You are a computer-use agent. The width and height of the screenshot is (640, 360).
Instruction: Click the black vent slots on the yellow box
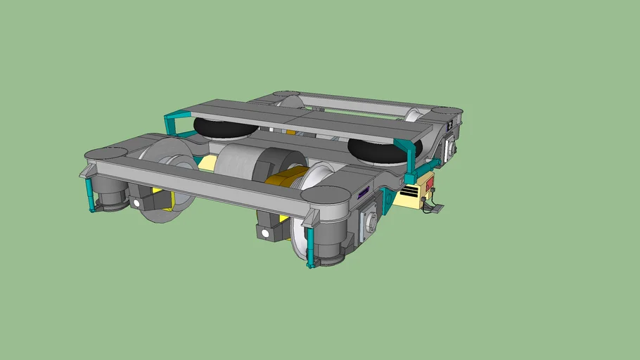tap(408, 194)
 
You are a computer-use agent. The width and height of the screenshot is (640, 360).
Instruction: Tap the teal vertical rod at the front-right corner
tap(310, 246)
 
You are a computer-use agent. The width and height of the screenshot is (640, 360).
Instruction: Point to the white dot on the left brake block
tap(136, 202)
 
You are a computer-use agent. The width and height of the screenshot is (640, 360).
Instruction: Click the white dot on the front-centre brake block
tap(264, 233)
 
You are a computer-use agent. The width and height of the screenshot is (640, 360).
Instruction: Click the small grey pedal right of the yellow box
tap(436, 208)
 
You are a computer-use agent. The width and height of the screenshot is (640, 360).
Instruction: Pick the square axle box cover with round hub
tap(369, 224)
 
